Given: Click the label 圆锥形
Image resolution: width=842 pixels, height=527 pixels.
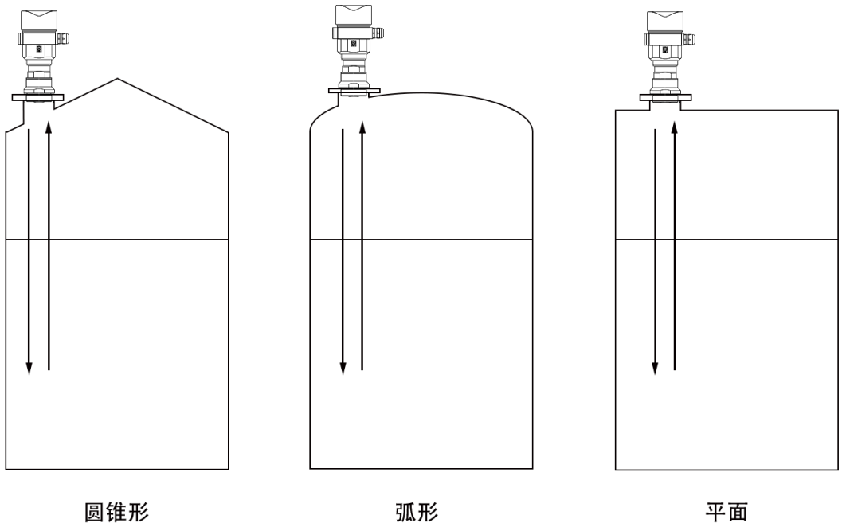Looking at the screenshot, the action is (116, 512).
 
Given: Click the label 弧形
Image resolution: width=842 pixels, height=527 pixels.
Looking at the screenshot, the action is (417, 512).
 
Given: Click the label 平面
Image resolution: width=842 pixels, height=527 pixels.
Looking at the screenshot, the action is (726, 512).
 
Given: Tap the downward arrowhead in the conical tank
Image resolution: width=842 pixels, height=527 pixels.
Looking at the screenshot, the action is (29, 368).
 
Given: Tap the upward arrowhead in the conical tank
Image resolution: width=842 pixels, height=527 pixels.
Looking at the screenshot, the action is (49, 127).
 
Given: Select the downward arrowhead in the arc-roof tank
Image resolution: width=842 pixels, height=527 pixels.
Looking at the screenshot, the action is (343, 368).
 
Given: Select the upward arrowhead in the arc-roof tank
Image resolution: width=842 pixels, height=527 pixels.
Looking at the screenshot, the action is (362, 127).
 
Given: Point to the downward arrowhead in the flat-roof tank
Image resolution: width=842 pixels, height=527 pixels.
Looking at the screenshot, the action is (655, 368).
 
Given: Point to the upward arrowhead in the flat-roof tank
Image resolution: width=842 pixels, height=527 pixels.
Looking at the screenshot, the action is (675, 127).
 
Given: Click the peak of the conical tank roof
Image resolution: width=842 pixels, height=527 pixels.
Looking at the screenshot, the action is (118, 79).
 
